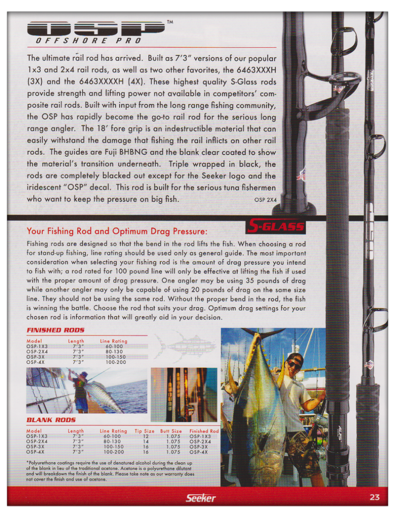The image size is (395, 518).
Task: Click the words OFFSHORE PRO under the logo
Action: [88, 41]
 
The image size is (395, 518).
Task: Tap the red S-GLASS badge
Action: [277, 226]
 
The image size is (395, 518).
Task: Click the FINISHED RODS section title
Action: [55, 330]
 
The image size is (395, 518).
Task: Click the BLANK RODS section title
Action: [51, 420]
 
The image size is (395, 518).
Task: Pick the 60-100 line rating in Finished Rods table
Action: [114, 347]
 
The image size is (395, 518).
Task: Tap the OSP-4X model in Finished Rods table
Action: [35, 362]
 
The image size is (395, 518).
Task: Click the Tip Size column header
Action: [144, 431]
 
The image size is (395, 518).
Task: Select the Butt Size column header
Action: [171, 431]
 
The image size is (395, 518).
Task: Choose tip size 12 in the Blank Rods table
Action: [146, 436]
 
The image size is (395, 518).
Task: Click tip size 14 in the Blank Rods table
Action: [146, 442]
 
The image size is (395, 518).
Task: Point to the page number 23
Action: [374, 497]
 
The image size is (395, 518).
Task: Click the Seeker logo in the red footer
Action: [201, 498]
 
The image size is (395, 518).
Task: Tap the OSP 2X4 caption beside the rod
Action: [266, 200]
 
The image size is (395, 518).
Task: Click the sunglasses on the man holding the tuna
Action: [294, 364]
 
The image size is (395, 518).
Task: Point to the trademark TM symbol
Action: [170, 22]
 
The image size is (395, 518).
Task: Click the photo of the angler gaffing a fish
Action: [87, 391]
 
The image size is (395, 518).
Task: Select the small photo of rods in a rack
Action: [184, 395]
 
